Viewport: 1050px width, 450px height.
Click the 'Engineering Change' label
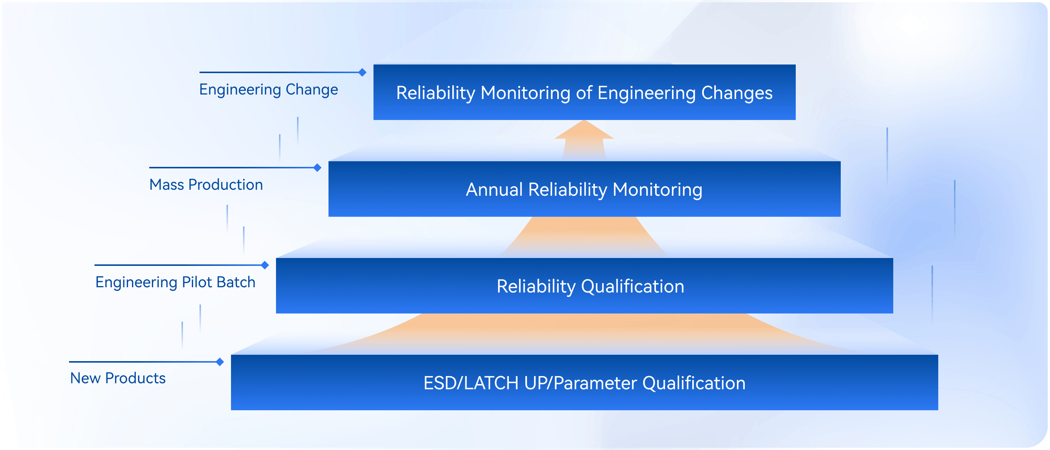click(x=268, y=90)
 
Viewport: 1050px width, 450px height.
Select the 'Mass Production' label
click(x=206, y=184)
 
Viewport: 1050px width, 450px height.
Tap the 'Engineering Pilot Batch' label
click(x=175, y=282)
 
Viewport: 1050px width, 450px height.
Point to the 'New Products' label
click(x=118, y=378)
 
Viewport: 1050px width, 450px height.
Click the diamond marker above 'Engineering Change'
click(x=362, y=72)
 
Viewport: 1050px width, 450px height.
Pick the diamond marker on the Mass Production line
click(x=318, y=168)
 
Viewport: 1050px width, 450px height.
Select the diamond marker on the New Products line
click(x=220, y=362)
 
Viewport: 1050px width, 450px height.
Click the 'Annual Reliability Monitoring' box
click(x=585, y=189)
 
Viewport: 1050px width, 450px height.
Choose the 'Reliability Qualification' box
click(x=585, y=286)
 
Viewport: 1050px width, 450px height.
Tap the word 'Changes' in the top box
click(x=737, y=93)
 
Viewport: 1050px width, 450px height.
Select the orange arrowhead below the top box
click(x=584, y=130)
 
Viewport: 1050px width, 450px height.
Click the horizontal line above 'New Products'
click(x=145, y=362)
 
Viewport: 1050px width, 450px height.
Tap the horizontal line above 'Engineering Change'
click(x=281, y=72)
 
